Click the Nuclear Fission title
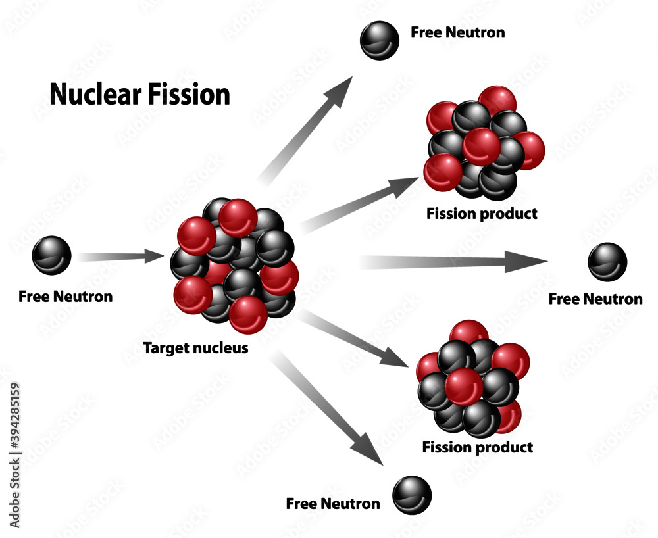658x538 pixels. click(x=139, y=95)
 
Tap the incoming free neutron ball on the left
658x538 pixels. click(x=51, y=255)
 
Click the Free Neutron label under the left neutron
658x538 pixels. click(x=65, y=297)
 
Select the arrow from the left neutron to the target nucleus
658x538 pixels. click(x=122, y=256)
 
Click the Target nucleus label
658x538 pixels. click(x=196, y=348)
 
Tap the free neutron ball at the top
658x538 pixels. click(x=380, y=40)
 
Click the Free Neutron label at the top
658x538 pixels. click(x=457, y=32)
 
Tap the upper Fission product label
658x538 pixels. click(x=482, y=214)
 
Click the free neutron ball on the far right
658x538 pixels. click(x=607, y=262)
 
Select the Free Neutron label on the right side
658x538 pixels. click(x=595, y=299)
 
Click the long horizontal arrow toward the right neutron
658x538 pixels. click(x=454, y=262)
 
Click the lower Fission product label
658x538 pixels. click(x=477, y=448)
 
